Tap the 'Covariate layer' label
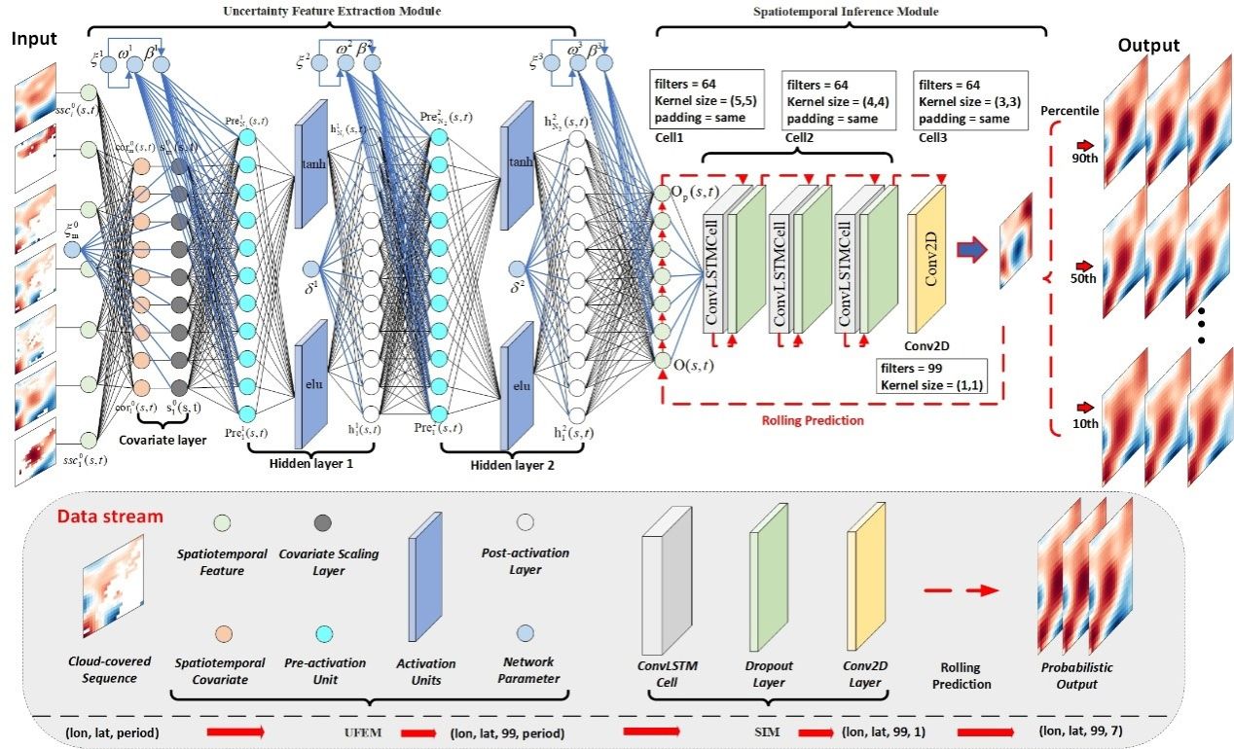click(162, 441)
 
